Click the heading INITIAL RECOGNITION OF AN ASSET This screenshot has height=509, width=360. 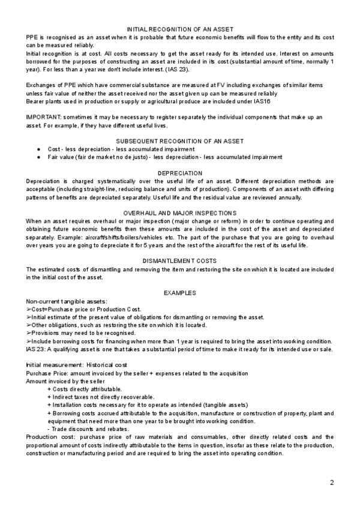coord(180,29)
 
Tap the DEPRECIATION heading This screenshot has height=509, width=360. coord(180,173)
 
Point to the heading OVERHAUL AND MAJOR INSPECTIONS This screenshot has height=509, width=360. coord(180,213)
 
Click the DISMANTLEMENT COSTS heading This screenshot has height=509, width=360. coord(180,261)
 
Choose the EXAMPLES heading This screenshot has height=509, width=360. coord(180,292)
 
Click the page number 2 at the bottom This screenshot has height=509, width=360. coord(331,483)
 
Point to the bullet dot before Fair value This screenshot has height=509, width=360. coord(38,157)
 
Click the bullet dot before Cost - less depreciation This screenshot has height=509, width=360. coord(38,149)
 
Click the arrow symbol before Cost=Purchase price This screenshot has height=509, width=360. coord(29,309)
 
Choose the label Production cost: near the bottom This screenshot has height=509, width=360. coord(47,437)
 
